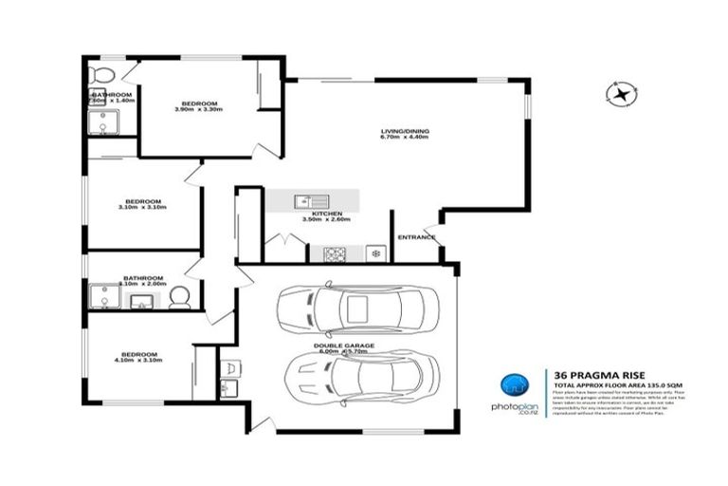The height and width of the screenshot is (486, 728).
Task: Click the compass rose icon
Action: pyautogui.click(x=622, y=93)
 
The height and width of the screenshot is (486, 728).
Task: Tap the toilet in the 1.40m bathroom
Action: pyautogui.click(x=100, y=74)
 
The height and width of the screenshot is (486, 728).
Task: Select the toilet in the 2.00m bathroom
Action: pyautogui.click(x=181, y=299)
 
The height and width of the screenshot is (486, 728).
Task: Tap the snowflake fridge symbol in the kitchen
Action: pyautogui.click(x=375, y=254)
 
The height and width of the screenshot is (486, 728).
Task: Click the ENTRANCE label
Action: pyautogui.click(x=416, y=237)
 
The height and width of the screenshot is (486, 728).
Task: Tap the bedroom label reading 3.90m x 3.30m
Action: pyautogui.click(x=199, y=105)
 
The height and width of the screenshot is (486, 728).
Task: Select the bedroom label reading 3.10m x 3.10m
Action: pyautogui.click(x=143, y=203)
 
